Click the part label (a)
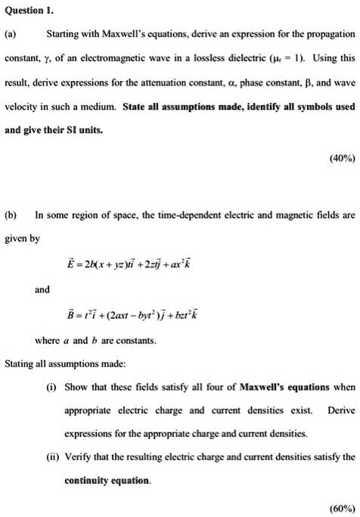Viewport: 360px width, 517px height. [x=12, y=35]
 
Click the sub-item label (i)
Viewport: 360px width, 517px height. [x=52, y=387]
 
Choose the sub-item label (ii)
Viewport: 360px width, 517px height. [x=53, y=457]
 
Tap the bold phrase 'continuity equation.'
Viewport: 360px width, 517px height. [x=107, y=481]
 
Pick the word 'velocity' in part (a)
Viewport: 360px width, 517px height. [x=23, y=107]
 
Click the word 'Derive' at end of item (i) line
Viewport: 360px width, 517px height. [x=341, y=410]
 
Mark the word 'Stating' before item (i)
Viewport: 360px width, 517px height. [x=20, y=363]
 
